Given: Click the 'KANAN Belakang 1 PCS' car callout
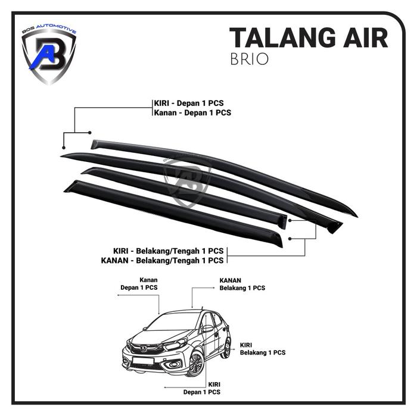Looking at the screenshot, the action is pyautogui.click(x=242, y=283).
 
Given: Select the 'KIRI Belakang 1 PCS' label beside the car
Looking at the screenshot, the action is pyautogui.click(x=263, y=349).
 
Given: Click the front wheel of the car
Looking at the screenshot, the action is pyautogui.click(x=195, y=363).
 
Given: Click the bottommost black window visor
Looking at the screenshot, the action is pyautogui.click(x=173, y=214).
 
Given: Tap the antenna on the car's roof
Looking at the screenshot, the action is pyautogui.click(x=202, y=308).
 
